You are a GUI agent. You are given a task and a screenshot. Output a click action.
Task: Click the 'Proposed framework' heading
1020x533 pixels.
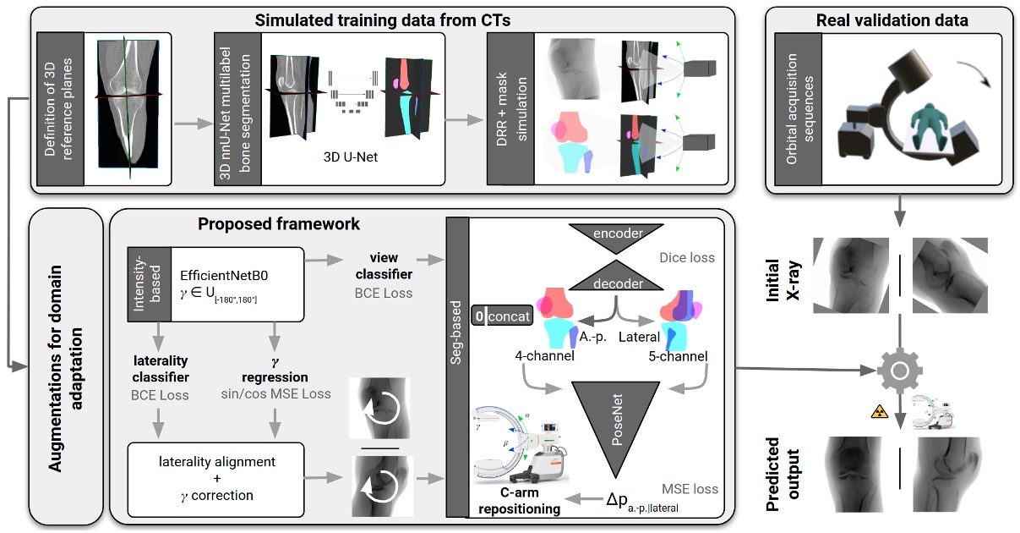(279, 224)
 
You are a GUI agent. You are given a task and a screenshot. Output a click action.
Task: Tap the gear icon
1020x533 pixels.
(898, 371)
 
